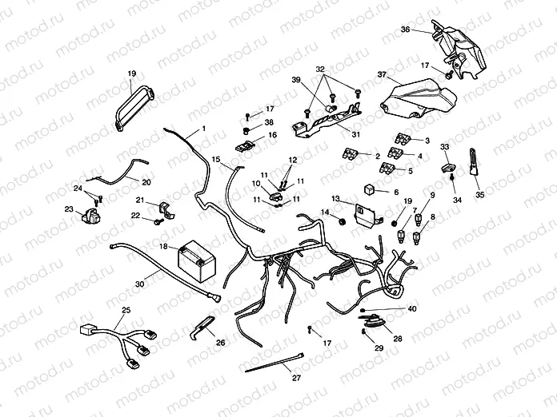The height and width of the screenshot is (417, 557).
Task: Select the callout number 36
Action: pos(406,30)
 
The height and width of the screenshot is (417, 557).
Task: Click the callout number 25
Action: pos(126,309)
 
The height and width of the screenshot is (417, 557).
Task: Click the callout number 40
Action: pos(412,308)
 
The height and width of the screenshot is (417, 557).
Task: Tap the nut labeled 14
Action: pos(342,216)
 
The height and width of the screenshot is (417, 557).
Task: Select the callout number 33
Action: pos(444,146)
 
